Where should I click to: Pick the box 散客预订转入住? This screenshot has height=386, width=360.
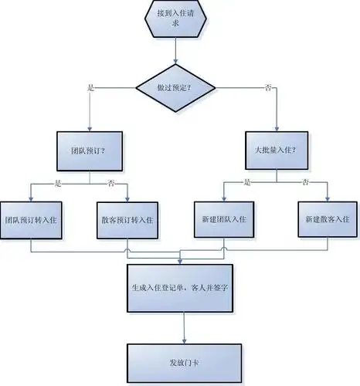[x=127, y=218]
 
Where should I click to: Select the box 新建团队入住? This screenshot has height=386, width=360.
[x=222, y=218]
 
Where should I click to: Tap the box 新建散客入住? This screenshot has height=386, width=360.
[x=324, y=218]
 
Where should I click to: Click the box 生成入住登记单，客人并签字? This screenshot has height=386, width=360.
[x=184, y=288]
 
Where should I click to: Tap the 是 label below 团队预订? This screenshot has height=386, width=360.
[x=58, y=183]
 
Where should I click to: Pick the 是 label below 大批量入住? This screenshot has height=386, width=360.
[x=248, y=183]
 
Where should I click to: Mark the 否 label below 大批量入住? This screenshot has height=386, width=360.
[x=306, y=183]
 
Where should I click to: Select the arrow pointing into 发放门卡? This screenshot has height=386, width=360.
[x=184, y=328]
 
